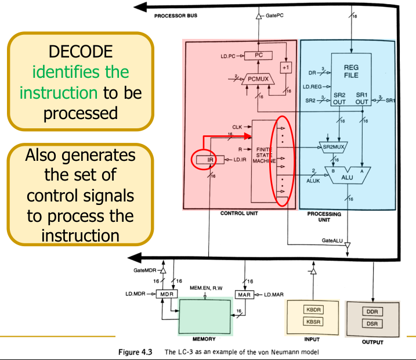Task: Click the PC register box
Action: point(259,56)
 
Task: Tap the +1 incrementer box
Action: point(284,68)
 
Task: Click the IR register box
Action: point(206,159)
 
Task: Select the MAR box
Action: point(243,294)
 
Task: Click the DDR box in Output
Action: point(372,311)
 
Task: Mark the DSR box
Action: point(372,323)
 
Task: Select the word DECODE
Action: point(81,52)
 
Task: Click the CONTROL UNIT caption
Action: point(240,213)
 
